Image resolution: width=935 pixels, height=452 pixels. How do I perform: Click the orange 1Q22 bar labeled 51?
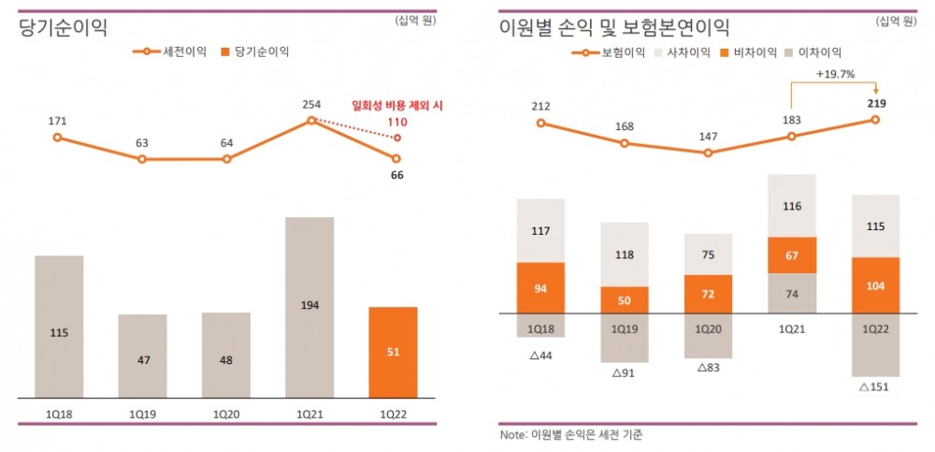click(393, 352)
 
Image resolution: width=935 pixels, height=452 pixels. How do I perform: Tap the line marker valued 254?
click(310, 120)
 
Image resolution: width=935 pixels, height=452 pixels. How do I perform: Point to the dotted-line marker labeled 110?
click(397, 138)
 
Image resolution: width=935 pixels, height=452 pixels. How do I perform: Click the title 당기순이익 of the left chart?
click(63, 27)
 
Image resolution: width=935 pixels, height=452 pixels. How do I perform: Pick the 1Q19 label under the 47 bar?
click(142, 411)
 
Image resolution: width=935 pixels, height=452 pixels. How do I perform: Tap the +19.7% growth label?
click(834, 74)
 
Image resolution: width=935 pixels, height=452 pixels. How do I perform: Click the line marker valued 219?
click(875, 120)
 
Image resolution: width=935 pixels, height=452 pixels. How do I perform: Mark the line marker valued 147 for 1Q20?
click(708, 153)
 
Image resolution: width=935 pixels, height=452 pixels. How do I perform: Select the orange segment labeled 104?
click(875, 285)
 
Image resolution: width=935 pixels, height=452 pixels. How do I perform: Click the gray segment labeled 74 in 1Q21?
click(792, 293)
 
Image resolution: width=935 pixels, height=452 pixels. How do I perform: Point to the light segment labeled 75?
click(708, 254)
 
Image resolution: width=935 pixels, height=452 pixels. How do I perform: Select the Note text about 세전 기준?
click(571, 435)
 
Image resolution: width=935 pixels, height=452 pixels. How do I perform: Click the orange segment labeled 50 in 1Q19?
click(624, 299)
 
